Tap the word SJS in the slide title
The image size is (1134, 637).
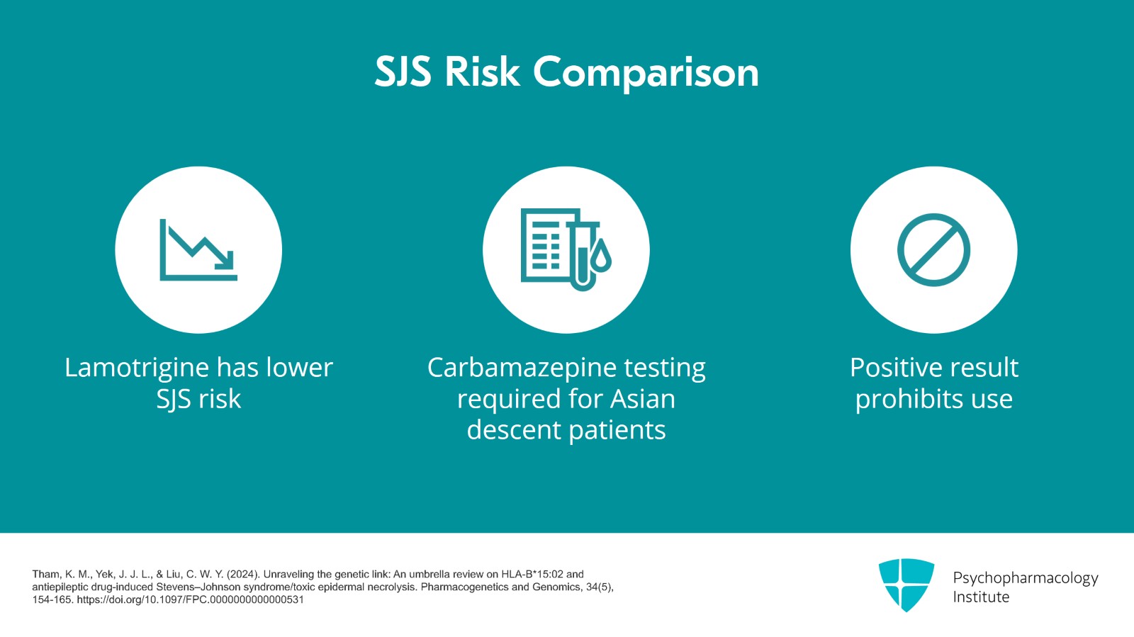point(403,72)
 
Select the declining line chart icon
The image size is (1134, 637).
point(198,249)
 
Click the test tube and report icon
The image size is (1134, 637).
point(566,249)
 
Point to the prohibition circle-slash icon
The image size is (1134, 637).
point(933,249)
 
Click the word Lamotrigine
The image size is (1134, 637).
point(137,367)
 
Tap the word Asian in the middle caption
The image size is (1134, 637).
point(642,399)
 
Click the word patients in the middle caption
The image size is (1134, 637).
point(617,430)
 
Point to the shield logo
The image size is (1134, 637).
point(906,585)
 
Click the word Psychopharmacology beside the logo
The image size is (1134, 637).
point(1026,578)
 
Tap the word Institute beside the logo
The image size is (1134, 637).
point(981,597)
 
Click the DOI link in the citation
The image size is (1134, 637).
point(191,600)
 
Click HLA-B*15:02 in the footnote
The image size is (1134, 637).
point(532,574)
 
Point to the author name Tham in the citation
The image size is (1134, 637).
point(46,574)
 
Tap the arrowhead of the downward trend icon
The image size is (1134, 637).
point(226,261)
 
